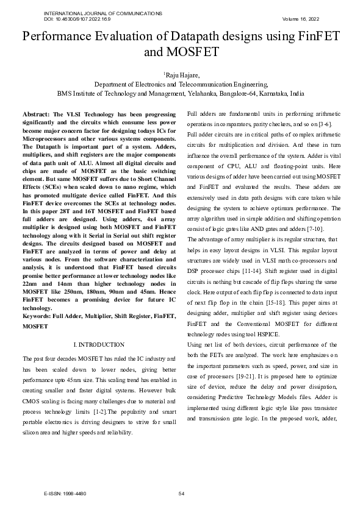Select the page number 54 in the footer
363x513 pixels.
point(181,494)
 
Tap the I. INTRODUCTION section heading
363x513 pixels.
point(98,345)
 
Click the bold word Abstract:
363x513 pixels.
point(36,115)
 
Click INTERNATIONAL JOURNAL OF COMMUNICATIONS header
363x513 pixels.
point(103,13)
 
